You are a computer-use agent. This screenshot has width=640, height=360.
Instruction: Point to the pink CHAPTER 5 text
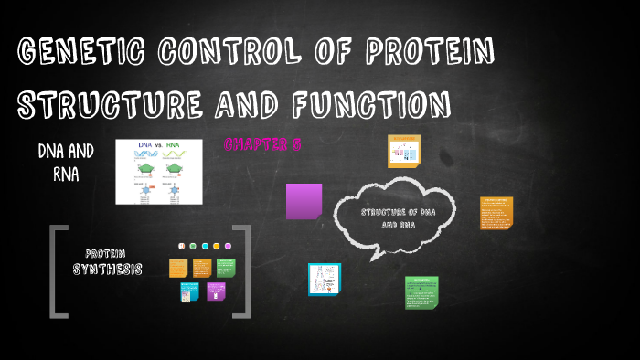click(x=262, y=144)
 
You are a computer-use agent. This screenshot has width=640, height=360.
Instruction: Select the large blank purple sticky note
click(x=304, y=201)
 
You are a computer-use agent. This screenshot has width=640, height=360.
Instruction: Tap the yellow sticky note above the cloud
click(x=402, y=151)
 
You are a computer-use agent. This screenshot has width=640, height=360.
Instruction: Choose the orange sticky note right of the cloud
click(x=496, y=213)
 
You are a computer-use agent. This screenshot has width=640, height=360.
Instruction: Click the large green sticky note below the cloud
click(x=421, y=292)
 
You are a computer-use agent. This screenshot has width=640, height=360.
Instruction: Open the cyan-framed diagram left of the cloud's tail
click(x=324, y=280)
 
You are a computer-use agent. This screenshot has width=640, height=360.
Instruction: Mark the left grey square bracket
click(x=58, y=271)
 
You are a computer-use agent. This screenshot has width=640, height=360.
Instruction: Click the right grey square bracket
click(x=241, y=271)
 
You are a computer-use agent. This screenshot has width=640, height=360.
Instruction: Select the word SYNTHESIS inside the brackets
click(x=108, y=270)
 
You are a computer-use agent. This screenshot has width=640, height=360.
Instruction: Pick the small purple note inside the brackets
click(x=216, y=291)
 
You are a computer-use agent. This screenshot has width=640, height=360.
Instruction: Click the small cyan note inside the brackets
click(x=189, y=291)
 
